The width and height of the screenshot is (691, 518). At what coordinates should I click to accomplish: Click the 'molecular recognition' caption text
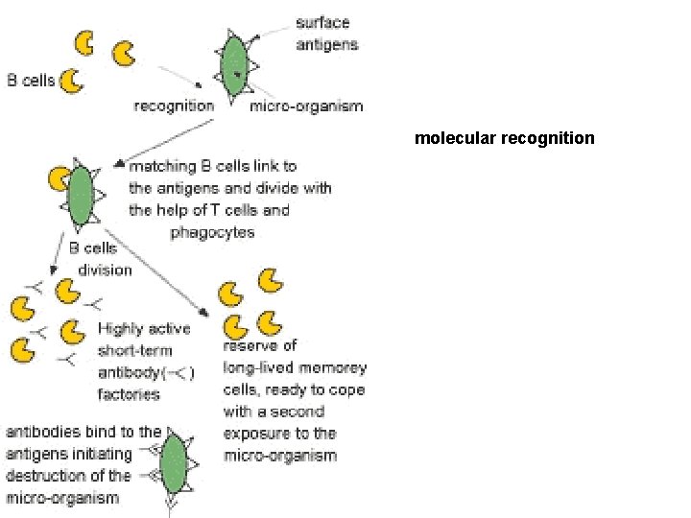point(504,138)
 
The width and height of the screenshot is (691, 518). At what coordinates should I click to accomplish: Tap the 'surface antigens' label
point(327,34)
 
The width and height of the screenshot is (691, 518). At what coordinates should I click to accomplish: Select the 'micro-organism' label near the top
point(306,106)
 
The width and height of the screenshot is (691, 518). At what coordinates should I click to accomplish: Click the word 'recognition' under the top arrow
point(174,106)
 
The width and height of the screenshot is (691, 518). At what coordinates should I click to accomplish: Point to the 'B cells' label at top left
point(31,81)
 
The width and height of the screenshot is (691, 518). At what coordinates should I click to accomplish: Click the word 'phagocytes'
point(212,231)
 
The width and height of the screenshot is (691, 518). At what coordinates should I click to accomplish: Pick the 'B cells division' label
point(100,259)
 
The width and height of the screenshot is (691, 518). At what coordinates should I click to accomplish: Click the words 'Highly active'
point(144,328)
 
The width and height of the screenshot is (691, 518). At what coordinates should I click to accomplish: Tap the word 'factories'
point(129,393)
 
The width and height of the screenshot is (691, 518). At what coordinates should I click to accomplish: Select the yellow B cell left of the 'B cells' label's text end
point(72,82)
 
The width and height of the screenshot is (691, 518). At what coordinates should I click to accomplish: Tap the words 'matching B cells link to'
point(213,166)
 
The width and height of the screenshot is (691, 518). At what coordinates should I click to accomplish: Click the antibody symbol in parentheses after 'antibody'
point(179,372)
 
